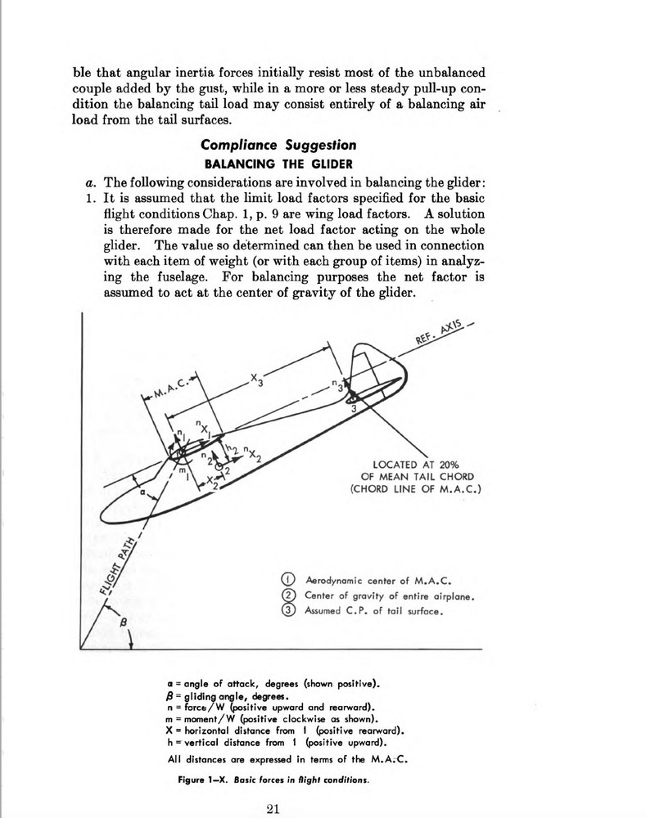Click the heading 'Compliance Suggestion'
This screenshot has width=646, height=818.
click(278, 146)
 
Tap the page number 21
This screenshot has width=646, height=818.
click(274, 810)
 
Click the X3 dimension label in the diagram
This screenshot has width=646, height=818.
click(257, 383)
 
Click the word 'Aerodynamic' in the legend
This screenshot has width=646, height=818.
click(337, 580)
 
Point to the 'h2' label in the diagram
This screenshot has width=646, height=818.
click(233, 449)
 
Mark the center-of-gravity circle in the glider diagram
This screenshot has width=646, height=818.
click(219, 464)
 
